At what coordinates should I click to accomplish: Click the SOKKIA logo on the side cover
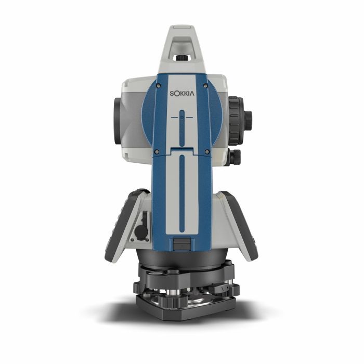point(182,94)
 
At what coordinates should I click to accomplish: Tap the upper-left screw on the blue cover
point(158,86)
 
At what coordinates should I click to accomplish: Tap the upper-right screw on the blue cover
point(205,86)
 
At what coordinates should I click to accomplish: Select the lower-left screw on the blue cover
point(157,152)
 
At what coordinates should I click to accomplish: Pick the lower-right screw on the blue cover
point(207,152)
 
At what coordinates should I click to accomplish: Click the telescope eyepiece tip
point(249,118)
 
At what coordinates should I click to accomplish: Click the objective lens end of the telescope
point(118,121)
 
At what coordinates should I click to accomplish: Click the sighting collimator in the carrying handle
point(182,57)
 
